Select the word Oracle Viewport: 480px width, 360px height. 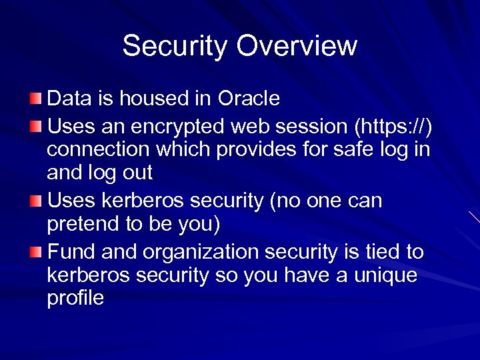pyautogui.click(x=249, y=99)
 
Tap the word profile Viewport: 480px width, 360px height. pyautogui.click(x=75, y=298)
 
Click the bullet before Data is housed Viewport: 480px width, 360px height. pyautogui.click(x=35, y=99)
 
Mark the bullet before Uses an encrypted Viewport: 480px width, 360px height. pyautogui.click(x=35, y=125)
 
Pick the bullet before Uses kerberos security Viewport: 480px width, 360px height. pyautogui.click(x=35, y=201)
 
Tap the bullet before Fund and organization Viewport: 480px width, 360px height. pyautogui.click(x=35, y=252)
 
